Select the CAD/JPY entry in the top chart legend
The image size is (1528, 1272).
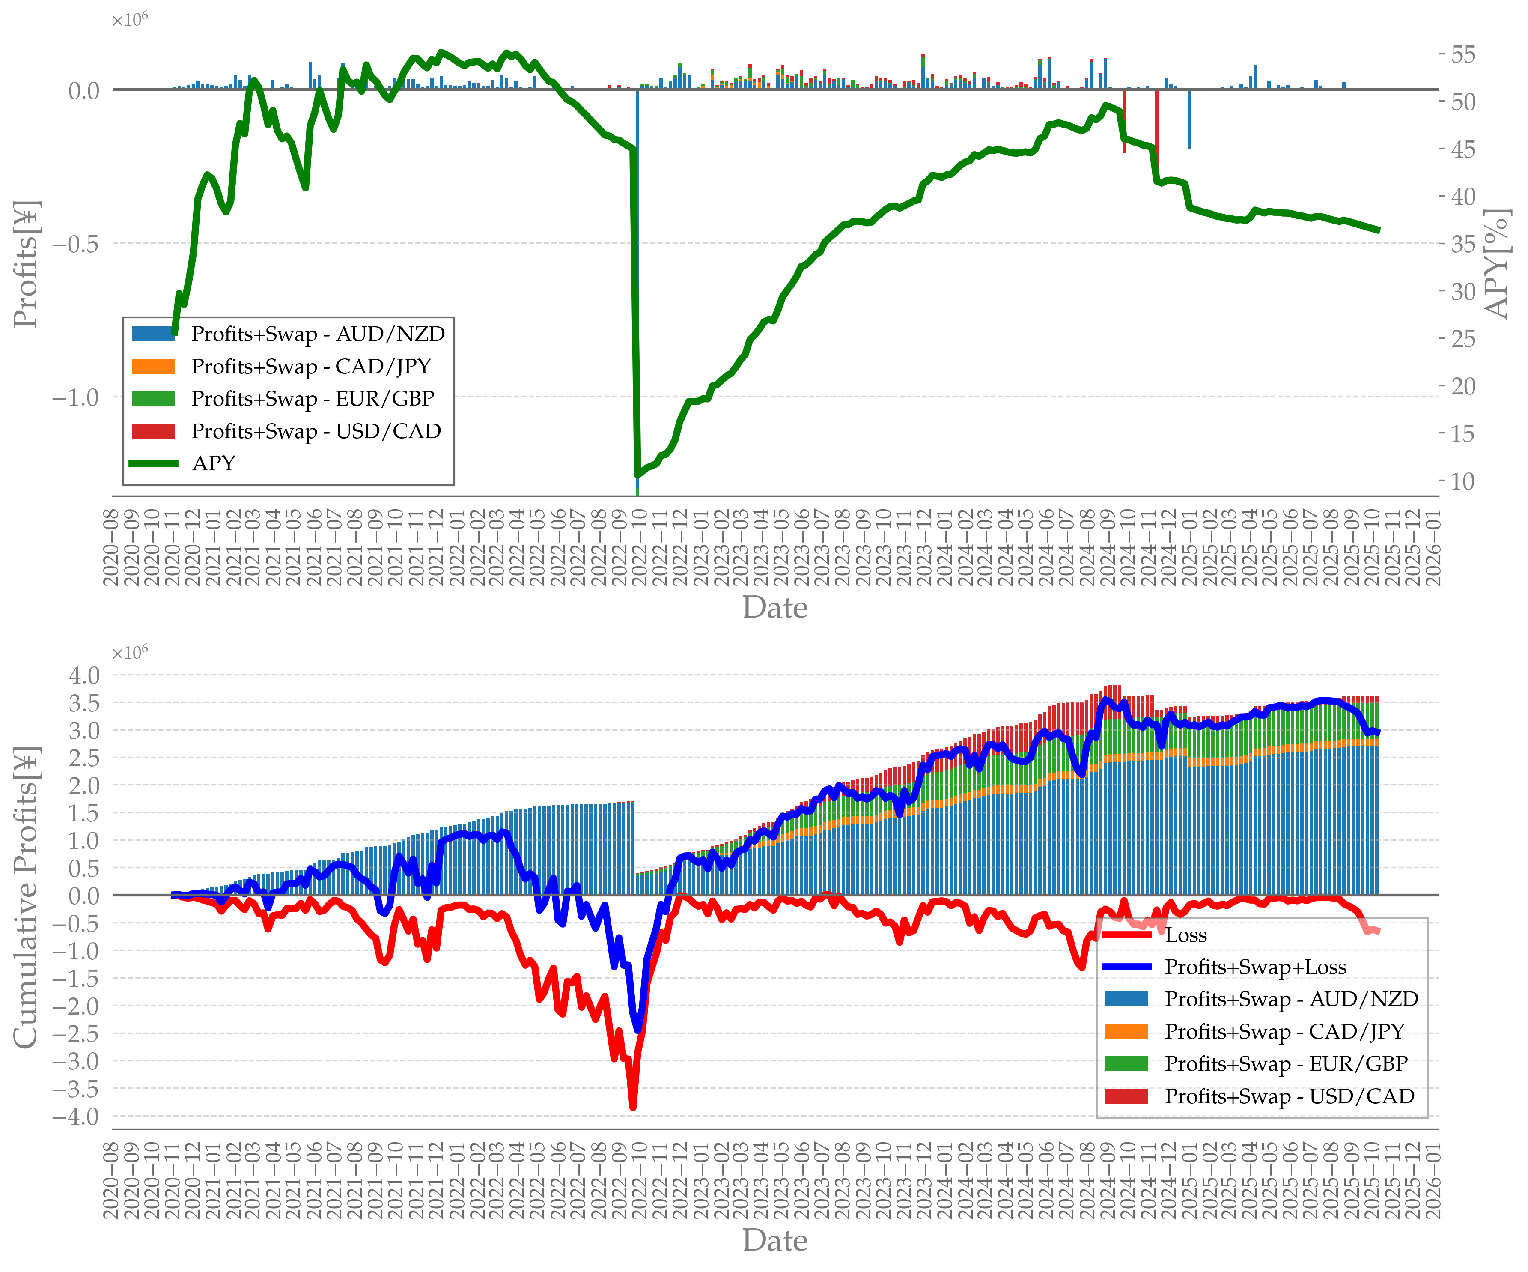point(311,367)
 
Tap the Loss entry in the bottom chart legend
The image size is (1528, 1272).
point(1185,935)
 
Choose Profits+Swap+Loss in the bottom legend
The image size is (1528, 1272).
point(1255,967)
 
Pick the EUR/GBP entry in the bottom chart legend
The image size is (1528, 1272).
point(1286,1064)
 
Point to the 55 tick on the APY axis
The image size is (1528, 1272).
point(1462,54)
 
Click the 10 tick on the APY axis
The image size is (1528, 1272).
point(1462,481)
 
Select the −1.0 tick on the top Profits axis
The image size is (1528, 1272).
point(76,397)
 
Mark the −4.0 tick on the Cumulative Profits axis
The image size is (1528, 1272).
point(76,1116)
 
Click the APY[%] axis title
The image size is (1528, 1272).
point(1498,264)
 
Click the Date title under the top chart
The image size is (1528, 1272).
point(775,608)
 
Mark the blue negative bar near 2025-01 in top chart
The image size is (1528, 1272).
point(1190,119)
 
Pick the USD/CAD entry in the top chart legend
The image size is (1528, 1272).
point(316,432)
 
